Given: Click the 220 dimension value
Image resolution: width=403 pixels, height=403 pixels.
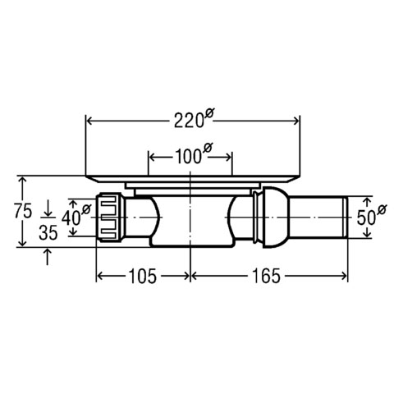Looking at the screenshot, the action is pos(190,121).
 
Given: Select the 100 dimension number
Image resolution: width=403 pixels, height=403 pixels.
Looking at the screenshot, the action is pos(189,157).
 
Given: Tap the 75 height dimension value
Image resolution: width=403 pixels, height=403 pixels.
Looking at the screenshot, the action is pos(23,211).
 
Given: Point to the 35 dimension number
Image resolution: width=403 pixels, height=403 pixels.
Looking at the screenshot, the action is pos(48,233).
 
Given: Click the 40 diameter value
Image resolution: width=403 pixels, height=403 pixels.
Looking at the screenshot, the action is pos(71,218).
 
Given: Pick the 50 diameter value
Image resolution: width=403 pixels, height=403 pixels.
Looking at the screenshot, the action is pos(366,218).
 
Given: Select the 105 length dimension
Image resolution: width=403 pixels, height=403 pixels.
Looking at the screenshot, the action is pos(143,276).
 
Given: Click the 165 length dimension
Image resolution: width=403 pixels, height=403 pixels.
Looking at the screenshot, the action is pos(266,276).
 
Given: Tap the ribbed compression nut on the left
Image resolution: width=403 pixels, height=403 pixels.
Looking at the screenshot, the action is pos(110,218).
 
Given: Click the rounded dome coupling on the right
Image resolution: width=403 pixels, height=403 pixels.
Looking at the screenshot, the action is pos(275,218).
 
